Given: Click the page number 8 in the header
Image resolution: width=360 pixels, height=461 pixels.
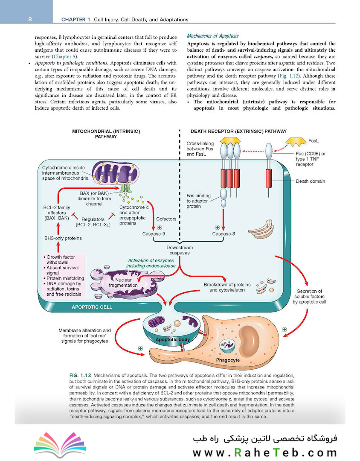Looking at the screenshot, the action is [30, 19].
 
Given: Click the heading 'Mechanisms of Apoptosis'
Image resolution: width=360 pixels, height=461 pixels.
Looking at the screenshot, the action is [213, 36].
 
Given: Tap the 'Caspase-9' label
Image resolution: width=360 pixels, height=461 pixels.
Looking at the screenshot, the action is [154, 234].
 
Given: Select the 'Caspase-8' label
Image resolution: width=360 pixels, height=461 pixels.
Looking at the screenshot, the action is [224, 234].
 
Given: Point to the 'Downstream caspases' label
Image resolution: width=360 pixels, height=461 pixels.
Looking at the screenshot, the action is [180, 250].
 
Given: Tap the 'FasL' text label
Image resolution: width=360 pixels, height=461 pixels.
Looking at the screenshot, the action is [313, 141].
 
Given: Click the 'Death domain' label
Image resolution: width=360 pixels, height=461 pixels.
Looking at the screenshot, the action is [311, 181].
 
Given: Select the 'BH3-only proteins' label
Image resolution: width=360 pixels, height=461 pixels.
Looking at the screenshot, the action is [63, 238].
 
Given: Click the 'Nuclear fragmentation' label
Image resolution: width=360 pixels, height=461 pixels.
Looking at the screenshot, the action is [123, 283].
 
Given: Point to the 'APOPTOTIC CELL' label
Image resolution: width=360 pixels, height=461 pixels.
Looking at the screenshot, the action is [92, 307].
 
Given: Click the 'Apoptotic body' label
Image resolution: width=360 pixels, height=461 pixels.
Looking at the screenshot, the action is [172, 339].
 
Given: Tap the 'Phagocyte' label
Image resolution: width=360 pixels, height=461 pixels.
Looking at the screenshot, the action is [228, 360].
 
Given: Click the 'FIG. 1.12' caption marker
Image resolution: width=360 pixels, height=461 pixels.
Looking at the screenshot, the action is [80, 376].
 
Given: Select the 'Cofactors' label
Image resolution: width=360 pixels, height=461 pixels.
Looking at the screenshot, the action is [166, 219].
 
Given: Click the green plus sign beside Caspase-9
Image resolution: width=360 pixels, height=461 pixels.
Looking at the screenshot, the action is [159, 227].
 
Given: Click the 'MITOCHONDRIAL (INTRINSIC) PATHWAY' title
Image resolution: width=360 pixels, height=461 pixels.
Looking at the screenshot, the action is [106, 134].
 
